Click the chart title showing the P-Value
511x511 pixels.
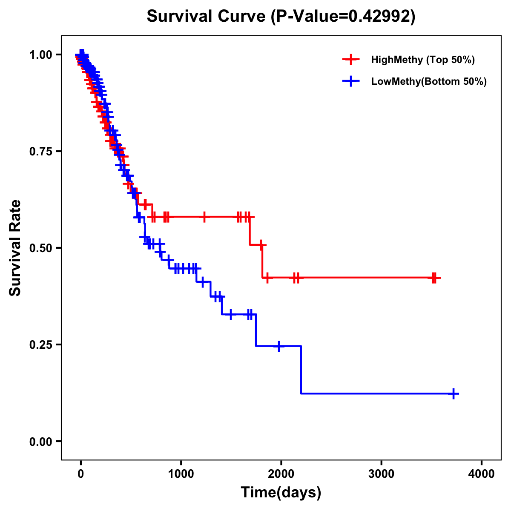pos(281,17)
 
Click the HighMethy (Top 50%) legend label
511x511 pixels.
pos(423,60)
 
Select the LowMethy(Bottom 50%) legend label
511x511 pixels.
pos(429,81)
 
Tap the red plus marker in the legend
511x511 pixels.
pos(351,60)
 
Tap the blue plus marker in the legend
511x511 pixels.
pos(351,81)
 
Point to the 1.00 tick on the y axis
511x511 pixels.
pos(40,55)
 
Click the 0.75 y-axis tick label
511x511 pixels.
pos(40,151)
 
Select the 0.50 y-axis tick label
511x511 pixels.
pos(40,248)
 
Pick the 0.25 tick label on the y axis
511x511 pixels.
pos(40,344)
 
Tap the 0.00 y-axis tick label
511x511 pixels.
pos(40,441)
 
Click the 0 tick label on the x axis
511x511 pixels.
pos(81,474)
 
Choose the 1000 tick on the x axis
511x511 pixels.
pos(181,474)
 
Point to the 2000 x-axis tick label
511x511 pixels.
pos(281,474)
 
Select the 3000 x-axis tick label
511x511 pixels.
pos(381,474)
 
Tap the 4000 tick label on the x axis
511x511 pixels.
pos(482,474)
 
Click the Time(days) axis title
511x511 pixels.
pos(281,493)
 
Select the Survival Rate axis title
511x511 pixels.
pos(15,247)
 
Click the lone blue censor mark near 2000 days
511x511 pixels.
pos(279,346)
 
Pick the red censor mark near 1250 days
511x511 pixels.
pos(204,217)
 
